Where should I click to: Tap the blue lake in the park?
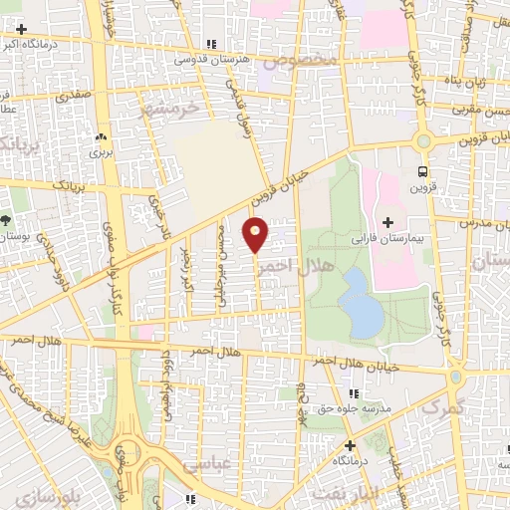[361, 304]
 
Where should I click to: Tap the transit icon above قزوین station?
[422, 171]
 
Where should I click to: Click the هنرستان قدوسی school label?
[212, 60]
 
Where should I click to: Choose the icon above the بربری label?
[101, 137]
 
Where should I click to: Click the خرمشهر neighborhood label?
[169, 107]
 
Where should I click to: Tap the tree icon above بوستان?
[6, 219]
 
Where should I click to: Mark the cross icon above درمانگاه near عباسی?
[349, 445]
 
